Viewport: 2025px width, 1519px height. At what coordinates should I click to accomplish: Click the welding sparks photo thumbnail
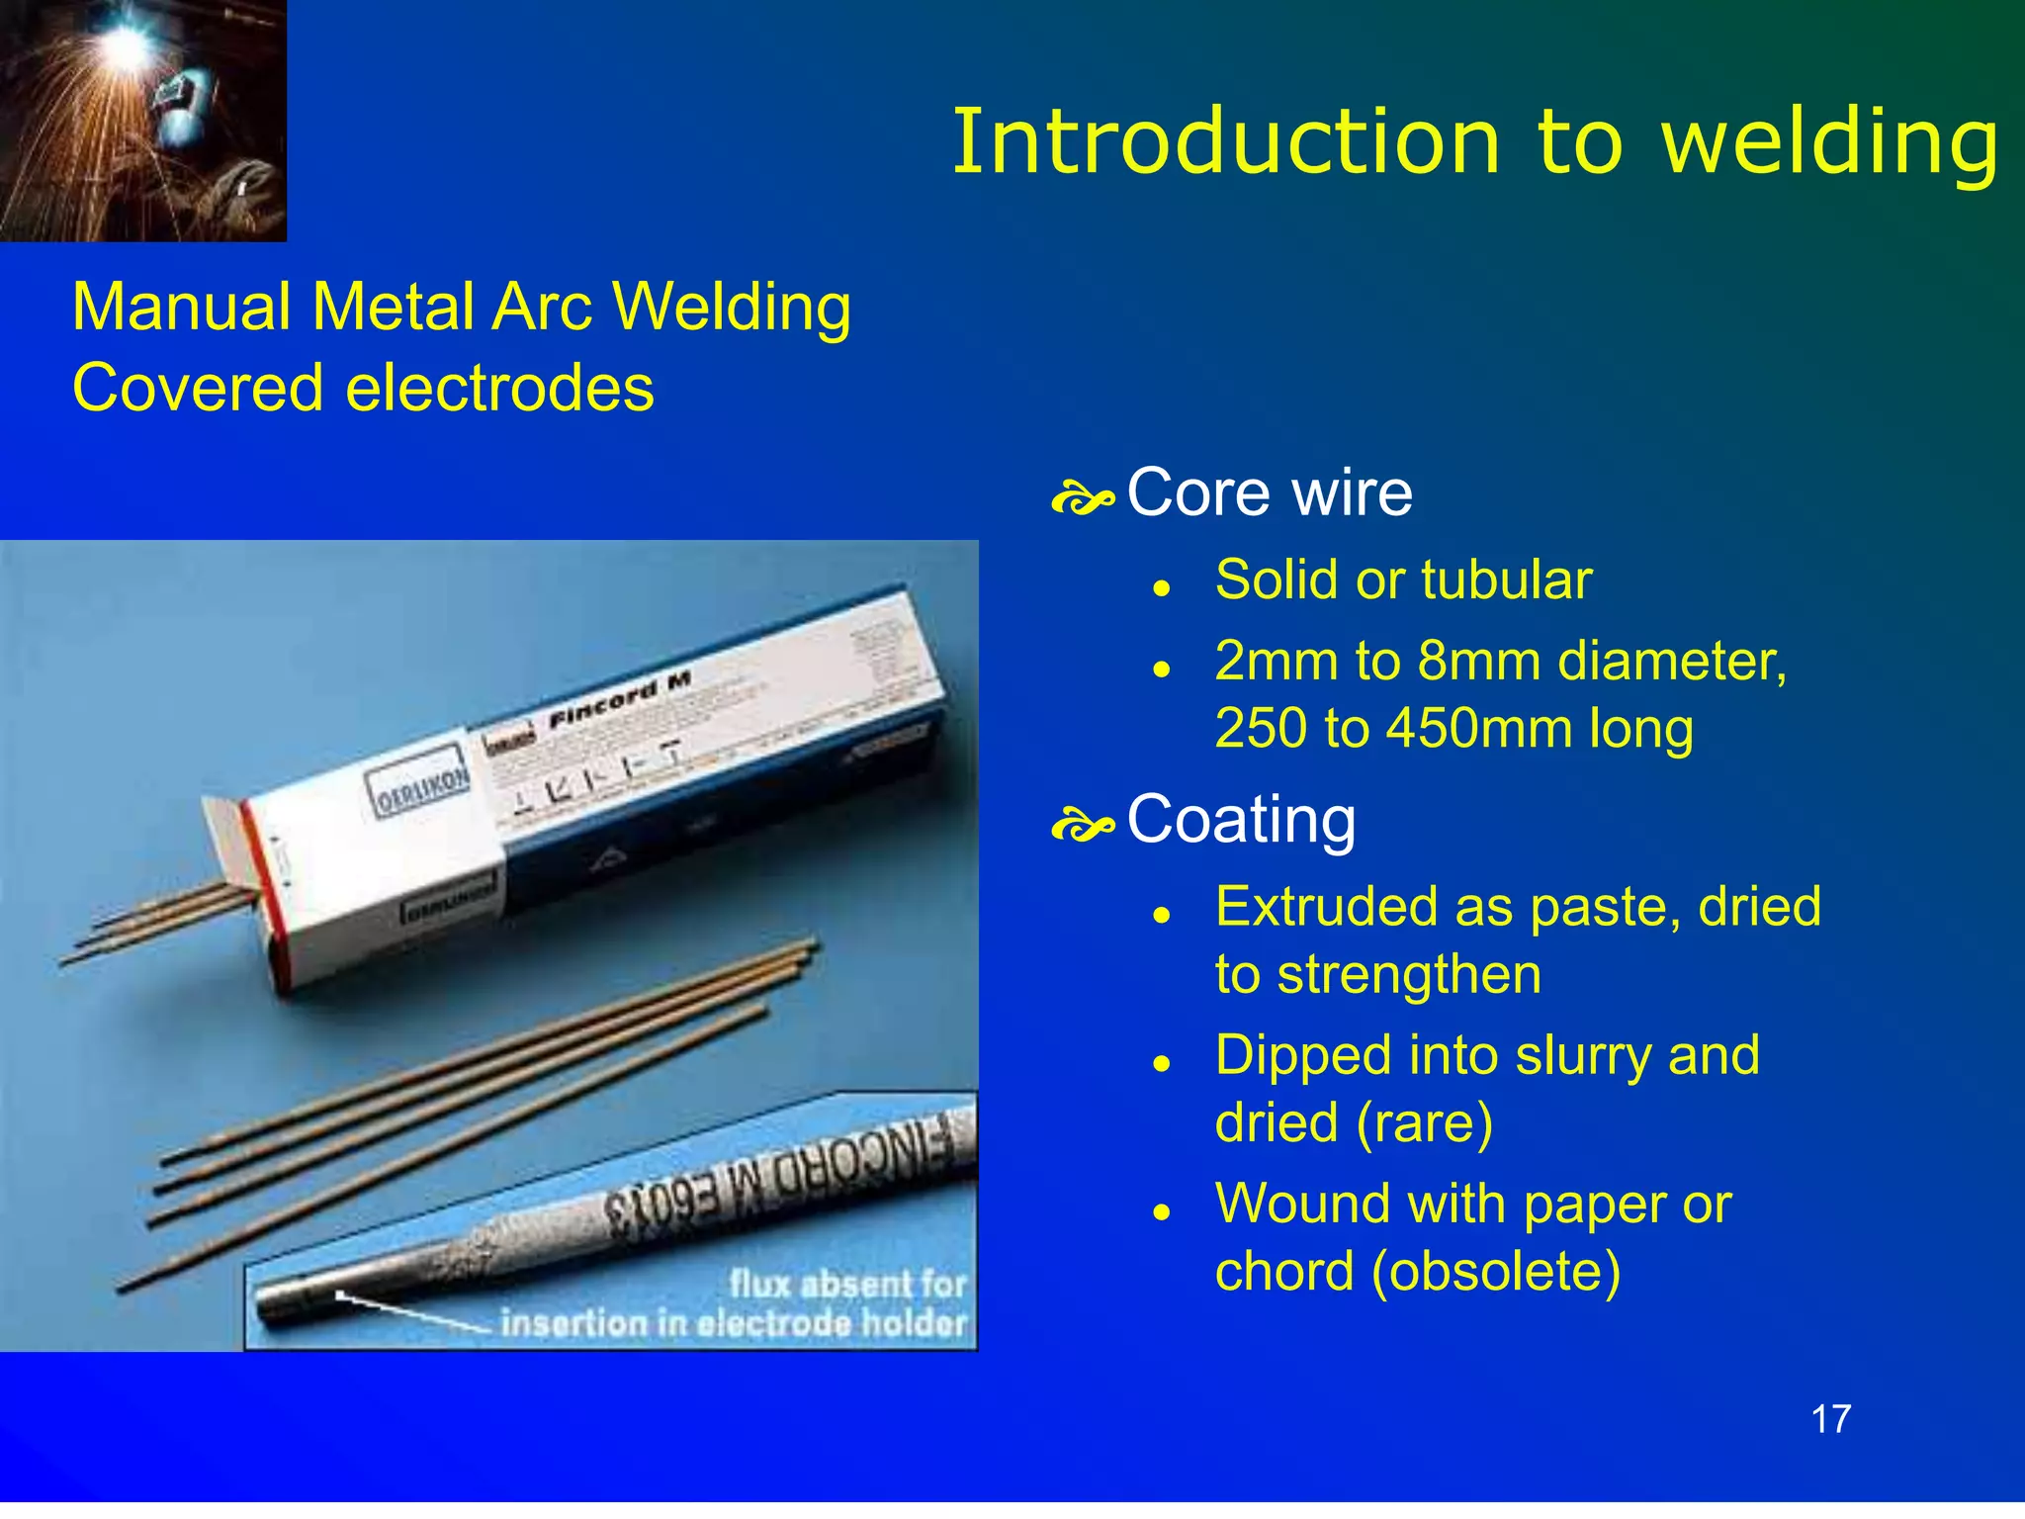(142, 120)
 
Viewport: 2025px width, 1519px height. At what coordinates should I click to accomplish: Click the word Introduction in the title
(1226, 142)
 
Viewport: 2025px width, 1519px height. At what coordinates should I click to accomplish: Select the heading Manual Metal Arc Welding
(461, 308)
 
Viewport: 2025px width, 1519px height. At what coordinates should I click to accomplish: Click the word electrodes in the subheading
(499, 388)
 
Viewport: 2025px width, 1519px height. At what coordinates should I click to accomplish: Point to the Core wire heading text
(1270, 492)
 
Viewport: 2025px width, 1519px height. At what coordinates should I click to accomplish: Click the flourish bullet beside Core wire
(1083, 498)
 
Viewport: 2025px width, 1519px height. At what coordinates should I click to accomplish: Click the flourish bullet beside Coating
(1083, 825)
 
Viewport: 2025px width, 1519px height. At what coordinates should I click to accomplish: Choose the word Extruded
(1314, 907)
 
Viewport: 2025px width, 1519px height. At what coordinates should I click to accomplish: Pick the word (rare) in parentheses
(1423, 1123)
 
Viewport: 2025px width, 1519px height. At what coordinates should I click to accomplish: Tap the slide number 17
(1830, 1419)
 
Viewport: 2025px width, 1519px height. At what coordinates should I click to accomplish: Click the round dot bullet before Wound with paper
(1162, 1211)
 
